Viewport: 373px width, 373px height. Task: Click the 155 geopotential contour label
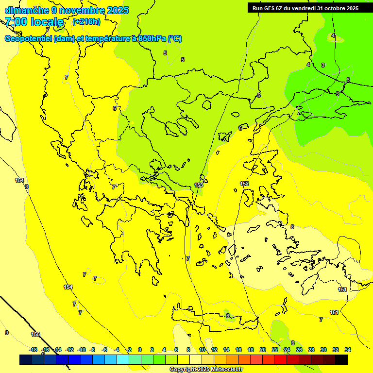coord(36,334)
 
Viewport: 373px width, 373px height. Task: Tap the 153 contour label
coord(199,185)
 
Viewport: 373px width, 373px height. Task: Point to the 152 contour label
coord(244,184)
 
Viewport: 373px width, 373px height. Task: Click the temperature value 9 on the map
coord(7,333)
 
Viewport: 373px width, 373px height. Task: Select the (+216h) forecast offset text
coord(86,21)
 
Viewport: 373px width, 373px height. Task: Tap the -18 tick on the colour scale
coord(33,350)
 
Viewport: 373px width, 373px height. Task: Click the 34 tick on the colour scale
coord(347,350)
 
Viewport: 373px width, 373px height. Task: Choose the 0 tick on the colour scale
coord(140,350)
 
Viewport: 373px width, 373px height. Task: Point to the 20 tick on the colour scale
coord(263,350)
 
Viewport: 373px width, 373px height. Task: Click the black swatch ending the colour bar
coord(341,359)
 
